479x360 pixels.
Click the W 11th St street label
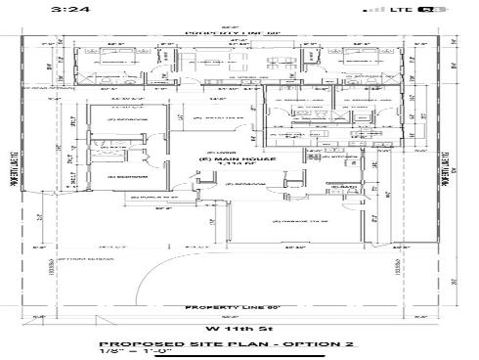pyautogui.click(x=239, y=327)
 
